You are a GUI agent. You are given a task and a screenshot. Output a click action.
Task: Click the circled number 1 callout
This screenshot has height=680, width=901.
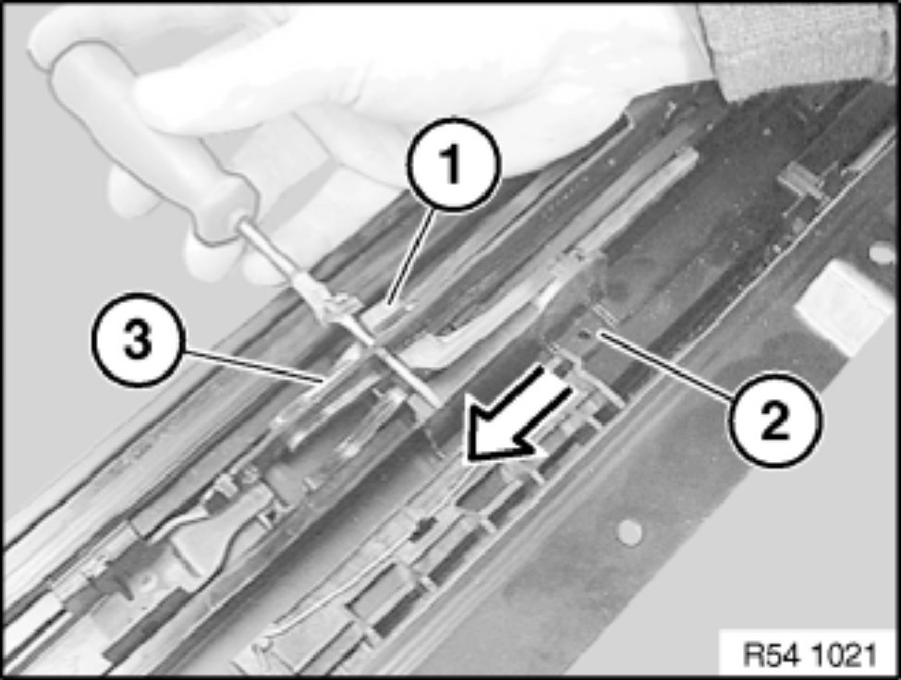pos(454,164)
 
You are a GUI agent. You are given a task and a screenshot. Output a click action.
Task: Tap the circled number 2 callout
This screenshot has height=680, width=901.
pos(774,419)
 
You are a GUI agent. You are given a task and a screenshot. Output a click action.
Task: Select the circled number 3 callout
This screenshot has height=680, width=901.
pos(138,339)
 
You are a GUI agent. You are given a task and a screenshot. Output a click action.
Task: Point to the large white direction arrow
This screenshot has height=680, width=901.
pos(517,415)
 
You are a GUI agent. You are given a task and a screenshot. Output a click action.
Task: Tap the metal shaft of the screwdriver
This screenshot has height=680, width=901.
pos(339,313)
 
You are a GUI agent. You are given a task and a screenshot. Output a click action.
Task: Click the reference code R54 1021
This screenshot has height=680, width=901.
pos(810,655)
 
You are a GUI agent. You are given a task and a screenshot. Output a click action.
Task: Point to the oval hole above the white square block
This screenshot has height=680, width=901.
pos(881,253)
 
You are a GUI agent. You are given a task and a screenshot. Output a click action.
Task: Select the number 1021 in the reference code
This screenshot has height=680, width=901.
pos(844,655)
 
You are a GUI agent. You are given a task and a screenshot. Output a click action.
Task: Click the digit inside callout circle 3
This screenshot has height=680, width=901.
pos(138,339)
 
